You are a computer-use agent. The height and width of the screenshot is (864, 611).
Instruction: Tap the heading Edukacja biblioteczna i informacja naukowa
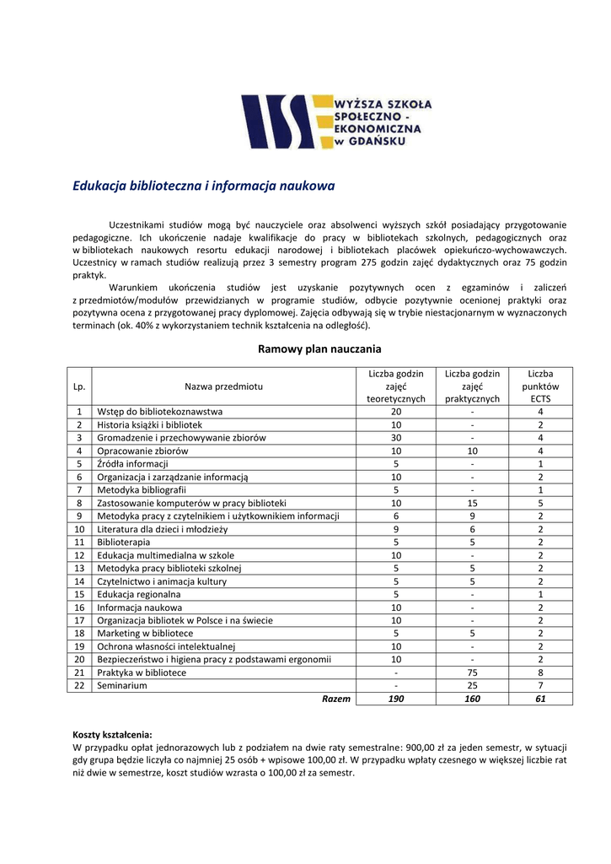(x=204, y=186)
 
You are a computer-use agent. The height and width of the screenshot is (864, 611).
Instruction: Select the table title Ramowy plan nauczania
(x=319, y=348)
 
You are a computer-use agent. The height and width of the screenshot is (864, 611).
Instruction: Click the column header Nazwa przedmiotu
(x=223, y=386)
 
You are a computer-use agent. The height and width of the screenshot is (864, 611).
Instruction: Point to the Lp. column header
(x=79, y=386)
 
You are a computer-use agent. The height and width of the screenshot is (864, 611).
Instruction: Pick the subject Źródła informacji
(x=132, y=463)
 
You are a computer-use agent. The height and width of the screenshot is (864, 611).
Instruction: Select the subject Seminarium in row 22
(x=122, y=685)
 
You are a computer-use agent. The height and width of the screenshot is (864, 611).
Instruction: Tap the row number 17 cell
(x=79, y=620)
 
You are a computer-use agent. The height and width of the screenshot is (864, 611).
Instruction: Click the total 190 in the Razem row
(x=395, y=699)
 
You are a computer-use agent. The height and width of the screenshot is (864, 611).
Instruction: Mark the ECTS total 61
(x=540, y=699)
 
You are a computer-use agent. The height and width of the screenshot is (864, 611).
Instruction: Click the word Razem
(x=336, y=699)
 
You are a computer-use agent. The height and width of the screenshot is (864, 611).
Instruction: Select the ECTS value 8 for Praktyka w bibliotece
(x=540, y=672)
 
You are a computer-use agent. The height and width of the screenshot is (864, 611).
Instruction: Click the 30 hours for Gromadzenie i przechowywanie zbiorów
(x=395, y=437)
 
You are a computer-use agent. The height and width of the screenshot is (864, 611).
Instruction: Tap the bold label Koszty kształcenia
(x=112, y=735)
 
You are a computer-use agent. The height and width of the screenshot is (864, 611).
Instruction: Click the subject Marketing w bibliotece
(x=145, y=633)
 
